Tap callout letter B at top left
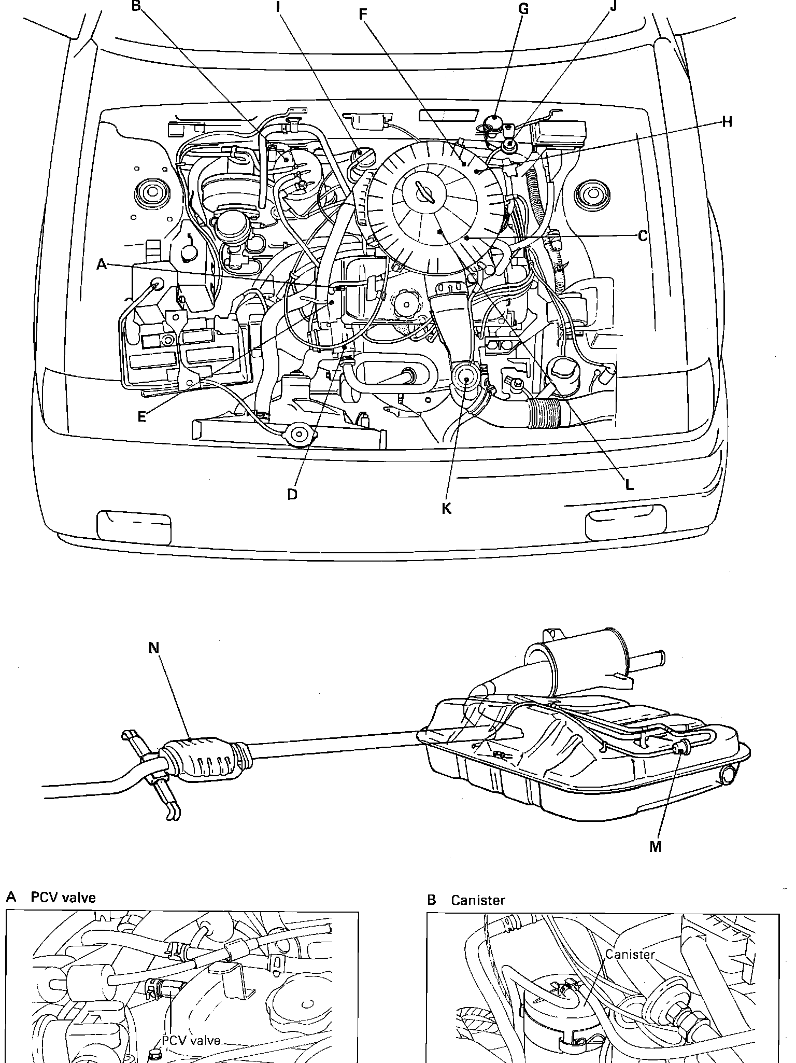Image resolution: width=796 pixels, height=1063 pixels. (136, 6)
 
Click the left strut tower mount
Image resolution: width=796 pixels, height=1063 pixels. (153, 193)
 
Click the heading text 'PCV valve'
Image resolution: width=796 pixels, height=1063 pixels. (63, 898)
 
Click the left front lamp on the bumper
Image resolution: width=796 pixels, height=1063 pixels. (134, 526)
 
